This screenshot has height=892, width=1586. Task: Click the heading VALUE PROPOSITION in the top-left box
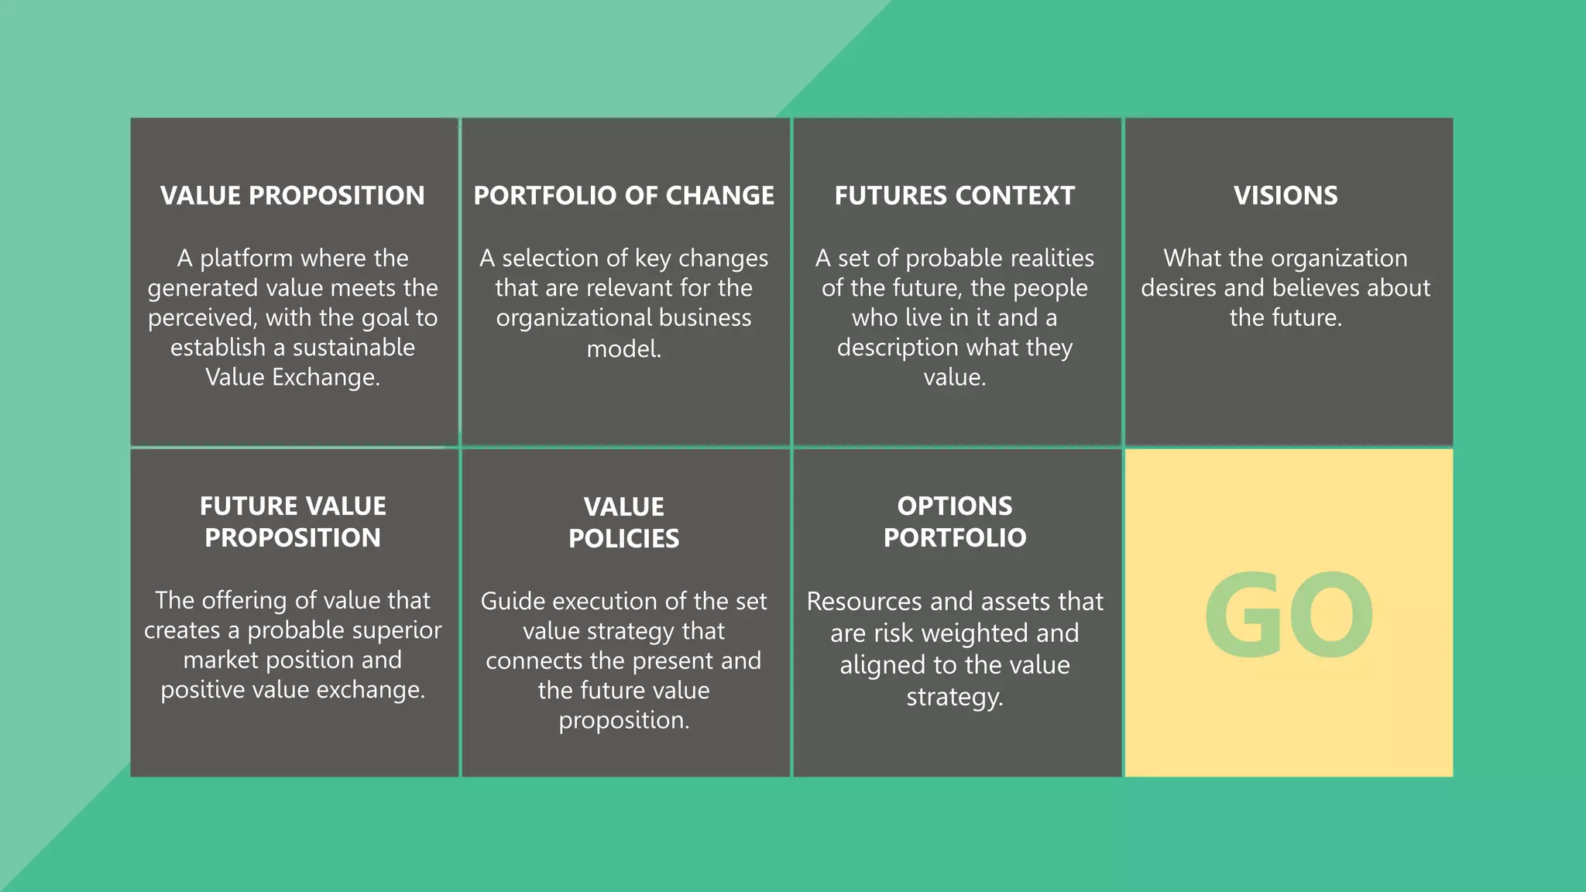(x=293, y=195)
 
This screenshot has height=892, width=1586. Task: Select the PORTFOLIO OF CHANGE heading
(x=623, y=195)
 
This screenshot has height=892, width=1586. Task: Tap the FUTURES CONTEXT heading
(x=954, y=195)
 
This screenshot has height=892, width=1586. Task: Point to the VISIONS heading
(x=1286, y=195)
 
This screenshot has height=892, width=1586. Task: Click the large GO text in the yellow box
(x=1289, y=615)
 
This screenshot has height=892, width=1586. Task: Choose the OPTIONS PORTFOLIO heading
(x=955, y=521)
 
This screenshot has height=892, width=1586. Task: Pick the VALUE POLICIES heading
(x=623, y=522)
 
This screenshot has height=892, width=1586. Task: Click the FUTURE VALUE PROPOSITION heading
(x=293, y=521)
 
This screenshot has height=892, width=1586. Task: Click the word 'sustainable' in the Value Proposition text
(x=353, y=348)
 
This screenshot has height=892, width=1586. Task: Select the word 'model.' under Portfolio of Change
(x=623, y=349)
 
